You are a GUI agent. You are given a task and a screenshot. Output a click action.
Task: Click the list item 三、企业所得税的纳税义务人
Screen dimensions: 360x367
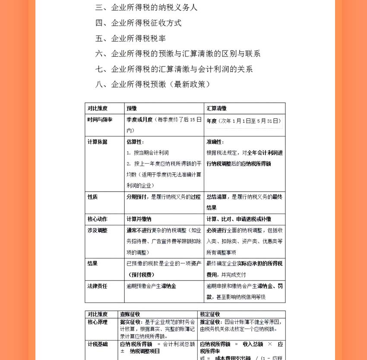[146, 7]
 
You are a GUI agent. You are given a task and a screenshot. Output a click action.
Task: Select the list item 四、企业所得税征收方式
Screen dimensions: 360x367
[139, 23]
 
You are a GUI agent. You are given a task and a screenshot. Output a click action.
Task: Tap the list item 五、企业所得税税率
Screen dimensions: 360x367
[131, 38]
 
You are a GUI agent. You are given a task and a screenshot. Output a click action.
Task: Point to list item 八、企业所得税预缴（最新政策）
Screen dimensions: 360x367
[153, 84]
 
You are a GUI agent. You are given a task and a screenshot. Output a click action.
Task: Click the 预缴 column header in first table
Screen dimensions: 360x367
[132, 108]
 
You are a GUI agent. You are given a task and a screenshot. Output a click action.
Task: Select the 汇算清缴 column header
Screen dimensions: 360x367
[217, 108]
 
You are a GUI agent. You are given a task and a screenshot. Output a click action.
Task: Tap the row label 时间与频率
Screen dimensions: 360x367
[100, 120]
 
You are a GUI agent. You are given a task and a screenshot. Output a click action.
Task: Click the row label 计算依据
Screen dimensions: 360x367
[98, 142]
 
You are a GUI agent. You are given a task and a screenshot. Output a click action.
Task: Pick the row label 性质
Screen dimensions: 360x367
[93, 197]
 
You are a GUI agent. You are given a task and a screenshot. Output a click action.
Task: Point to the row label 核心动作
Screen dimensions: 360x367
[98, 219]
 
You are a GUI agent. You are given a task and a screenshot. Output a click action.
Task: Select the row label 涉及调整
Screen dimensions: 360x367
[98, 231]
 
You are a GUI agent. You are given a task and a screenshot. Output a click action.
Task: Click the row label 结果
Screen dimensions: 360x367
[93, 263]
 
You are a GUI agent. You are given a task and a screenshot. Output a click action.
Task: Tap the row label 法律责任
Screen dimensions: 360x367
[98, 286]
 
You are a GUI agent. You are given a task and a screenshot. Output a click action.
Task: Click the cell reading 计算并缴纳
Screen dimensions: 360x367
[139, 219]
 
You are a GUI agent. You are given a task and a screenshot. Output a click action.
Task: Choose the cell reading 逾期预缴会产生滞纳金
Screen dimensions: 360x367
[152, 286]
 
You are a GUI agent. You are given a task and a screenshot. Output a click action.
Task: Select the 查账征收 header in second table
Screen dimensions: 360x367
[130, 314]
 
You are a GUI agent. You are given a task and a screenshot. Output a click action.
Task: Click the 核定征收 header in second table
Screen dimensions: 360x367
[210, 314]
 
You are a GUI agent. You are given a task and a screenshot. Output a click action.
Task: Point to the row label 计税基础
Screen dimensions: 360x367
[98, 344]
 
